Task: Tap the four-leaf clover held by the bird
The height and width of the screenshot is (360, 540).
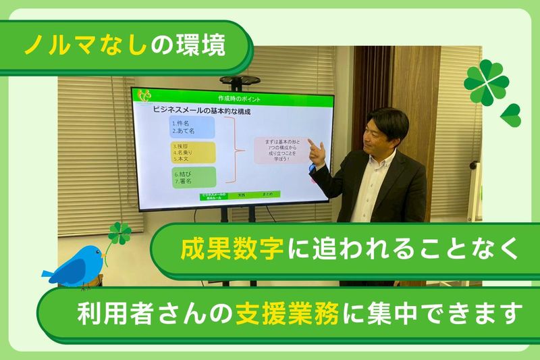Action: (x=119, y=234)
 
